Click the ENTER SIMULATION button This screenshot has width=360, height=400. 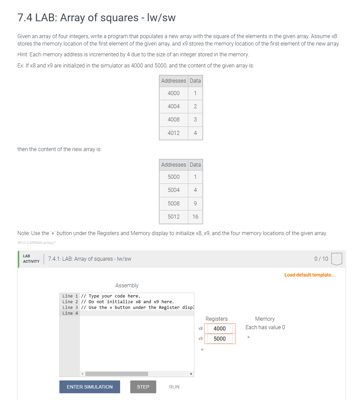(x=89, y=387)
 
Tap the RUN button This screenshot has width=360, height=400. (x=174, y=387)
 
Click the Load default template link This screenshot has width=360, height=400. (x=309, y=275)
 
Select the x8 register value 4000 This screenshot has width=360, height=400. (x=219, y=328)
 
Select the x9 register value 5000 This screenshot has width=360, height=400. (x=219, y=339)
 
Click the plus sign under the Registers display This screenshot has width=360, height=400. (x=202, y=349)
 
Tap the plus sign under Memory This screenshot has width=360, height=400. (x=248, y=337)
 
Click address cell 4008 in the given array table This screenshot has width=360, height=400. (x=173, y=119)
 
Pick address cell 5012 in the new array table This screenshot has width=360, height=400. (x=173, y=217)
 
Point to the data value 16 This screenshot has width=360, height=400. (x=195, y=217)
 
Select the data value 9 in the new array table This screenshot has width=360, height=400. (x=195, y=203)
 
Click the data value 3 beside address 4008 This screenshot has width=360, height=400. (x=195, y=119)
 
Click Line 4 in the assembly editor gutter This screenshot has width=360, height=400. (x=70, y=313)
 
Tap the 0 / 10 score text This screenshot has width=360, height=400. (x=321, y=259)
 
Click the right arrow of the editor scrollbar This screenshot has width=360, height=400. (x=191, y=374)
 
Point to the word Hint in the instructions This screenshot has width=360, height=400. (x=23, y=54)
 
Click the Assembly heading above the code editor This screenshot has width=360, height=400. (x=127, y=285)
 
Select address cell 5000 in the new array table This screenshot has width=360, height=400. (x=173, y=177)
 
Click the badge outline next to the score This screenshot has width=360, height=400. (x=336, y=259)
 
